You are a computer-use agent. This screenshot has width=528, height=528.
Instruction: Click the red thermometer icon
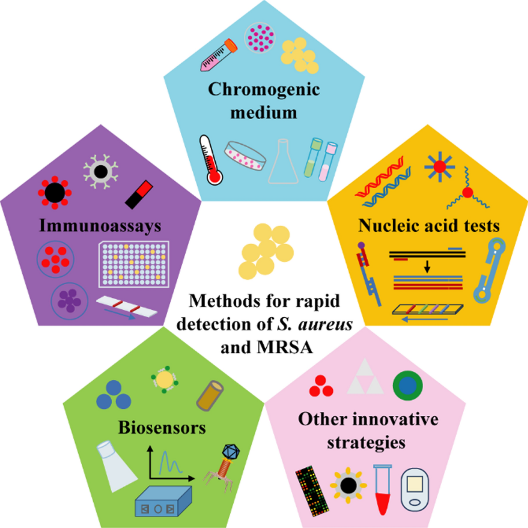coord(210,161)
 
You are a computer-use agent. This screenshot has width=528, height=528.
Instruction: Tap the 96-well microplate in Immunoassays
coord(134,264)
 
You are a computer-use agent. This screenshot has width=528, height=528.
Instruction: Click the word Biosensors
coord(162,428)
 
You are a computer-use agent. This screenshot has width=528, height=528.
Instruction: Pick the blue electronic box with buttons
coord(163,502)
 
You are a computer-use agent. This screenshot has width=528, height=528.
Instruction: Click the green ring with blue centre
coord(408,385)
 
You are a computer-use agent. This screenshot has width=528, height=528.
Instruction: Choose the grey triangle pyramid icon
coord(365,377)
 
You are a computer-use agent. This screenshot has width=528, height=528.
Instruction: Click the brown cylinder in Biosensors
coord(210,396)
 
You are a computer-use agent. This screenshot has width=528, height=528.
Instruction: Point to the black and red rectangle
coord(139,194)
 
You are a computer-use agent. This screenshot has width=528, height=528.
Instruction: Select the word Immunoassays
coord(100,225)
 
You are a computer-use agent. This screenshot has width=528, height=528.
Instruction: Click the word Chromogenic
coord(264,89)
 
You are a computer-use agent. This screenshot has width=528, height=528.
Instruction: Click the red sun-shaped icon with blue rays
coord(440,167)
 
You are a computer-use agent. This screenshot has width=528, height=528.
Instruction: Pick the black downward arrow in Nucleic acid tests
coord(427,266)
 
